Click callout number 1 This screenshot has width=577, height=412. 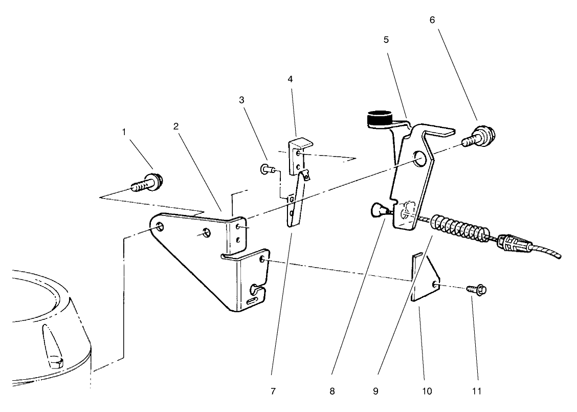tap(123, 132)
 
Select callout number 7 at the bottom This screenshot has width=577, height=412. tap(273, 391)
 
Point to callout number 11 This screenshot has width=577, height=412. tap(477, 391)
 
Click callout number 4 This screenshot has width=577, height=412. tap(290, 79)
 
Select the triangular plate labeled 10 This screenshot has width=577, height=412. tap(424, 279)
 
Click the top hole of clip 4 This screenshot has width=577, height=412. tap(298, 154)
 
